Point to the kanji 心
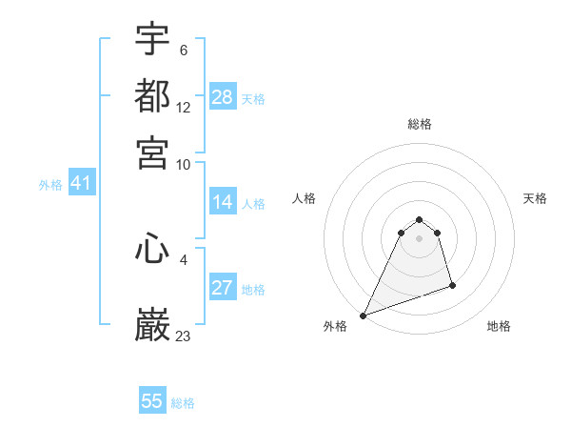(152, 250)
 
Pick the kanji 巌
(152, 324)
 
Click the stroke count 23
(184, 335)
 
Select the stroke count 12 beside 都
(184, 108)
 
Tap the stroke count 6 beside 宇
(183, 50)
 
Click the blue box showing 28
(223, 97)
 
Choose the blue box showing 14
(223, 202)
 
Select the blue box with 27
(223, 289)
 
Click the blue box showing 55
(152, 401)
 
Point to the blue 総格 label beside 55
(183, 403)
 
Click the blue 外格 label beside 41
(50, 185)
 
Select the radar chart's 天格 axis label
(535, 198)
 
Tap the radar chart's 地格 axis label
(499, 326)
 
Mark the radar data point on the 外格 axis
(363, 315)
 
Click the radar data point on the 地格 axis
(452, 285)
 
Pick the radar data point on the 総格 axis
(419, 220)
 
